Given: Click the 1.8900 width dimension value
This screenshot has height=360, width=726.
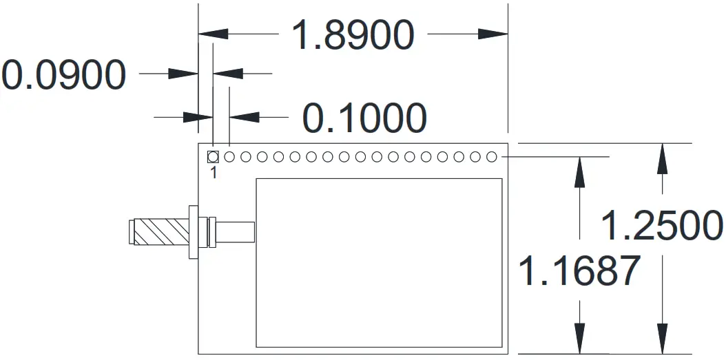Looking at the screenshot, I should [x=353, y=34].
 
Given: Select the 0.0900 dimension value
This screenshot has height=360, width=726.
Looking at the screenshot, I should [x=63, y=75].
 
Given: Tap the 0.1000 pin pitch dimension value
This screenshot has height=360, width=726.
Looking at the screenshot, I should [x=364, y=118].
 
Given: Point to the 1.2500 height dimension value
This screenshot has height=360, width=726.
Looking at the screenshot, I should [x=662, y=225].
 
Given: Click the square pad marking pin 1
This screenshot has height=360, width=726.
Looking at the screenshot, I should [x=213, y=157].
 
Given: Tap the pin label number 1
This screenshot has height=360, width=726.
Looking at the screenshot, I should [x=214, y=173].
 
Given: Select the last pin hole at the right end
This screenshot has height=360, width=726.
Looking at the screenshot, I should [x=491, y=157].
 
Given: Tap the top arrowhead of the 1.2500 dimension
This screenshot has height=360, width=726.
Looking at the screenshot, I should [x=663, y=158].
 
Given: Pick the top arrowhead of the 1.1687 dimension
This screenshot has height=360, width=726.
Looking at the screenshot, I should [x=581, y=172].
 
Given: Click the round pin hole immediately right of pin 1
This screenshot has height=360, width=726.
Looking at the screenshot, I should [x=229, y=157].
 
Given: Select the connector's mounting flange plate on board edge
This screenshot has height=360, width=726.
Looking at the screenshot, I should [x=193, y=232].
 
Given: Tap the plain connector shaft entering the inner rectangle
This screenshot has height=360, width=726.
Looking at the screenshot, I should [x=236, y=232].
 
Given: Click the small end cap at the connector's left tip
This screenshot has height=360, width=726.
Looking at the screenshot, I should [x=131, y=232].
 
